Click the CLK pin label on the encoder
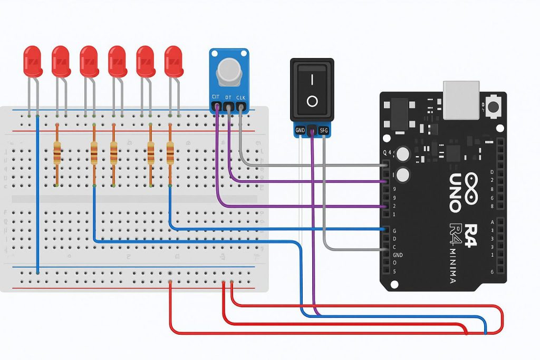241,98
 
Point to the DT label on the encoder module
228,98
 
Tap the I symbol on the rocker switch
312,79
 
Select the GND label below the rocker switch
300,130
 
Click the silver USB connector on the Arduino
461,99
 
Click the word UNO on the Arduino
455,192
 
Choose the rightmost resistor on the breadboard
170,153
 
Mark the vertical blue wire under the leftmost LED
37,195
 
